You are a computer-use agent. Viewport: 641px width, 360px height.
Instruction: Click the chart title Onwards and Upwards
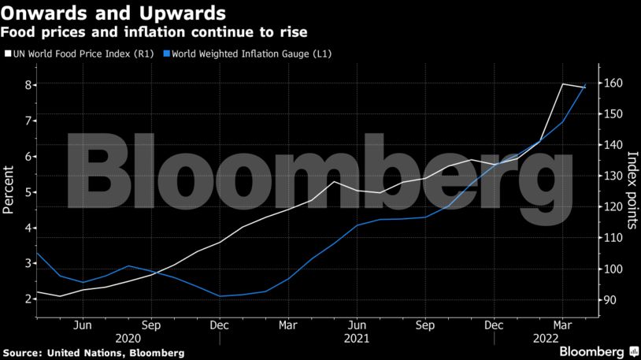[x=115, y=13]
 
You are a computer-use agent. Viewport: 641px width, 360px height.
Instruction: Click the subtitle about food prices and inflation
[x=154, y=32]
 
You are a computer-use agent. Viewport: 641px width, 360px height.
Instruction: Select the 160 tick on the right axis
[x=614, y=83]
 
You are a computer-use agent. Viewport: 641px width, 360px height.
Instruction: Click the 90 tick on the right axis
[x=611, y=299]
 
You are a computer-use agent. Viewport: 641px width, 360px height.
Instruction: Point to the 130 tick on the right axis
[x=614, y=176]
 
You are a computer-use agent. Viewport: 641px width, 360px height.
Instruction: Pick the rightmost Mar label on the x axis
[x=562, y=324]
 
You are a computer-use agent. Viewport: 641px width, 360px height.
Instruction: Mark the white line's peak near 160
[x=562, y=84]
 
